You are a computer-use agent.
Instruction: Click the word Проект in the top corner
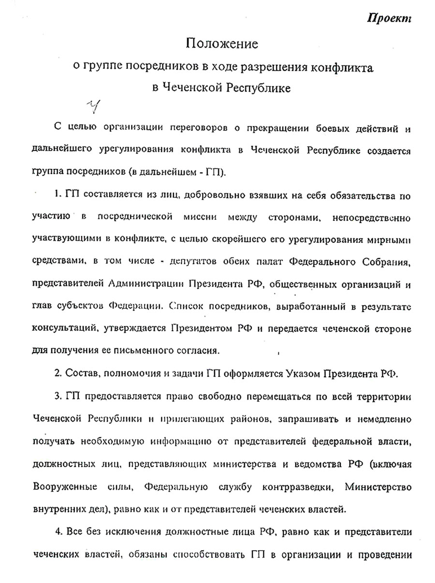point(390,18)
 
